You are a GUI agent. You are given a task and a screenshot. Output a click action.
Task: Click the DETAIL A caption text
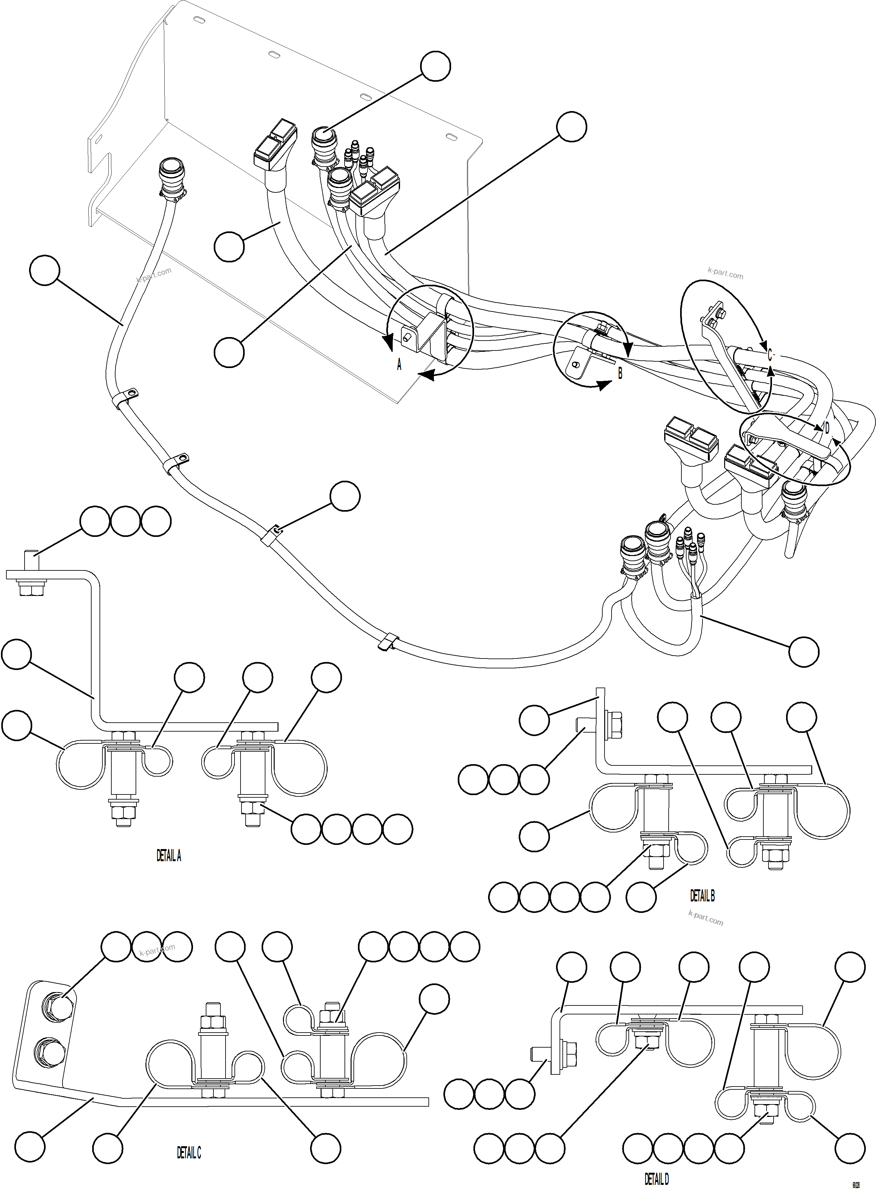[x=169, y=855]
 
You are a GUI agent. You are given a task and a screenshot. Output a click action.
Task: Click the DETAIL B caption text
[x=702, y=896]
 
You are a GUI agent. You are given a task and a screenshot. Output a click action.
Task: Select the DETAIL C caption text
[x=189, y=1152]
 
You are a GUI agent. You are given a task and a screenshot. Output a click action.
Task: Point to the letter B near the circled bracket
[x=620, y=373]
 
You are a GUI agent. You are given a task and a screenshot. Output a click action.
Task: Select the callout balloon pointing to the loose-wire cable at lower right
[x=803, y=651]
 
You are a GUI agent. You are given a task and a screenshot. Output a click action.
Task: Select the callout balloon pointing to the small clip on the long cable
[x=345, y=497]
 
